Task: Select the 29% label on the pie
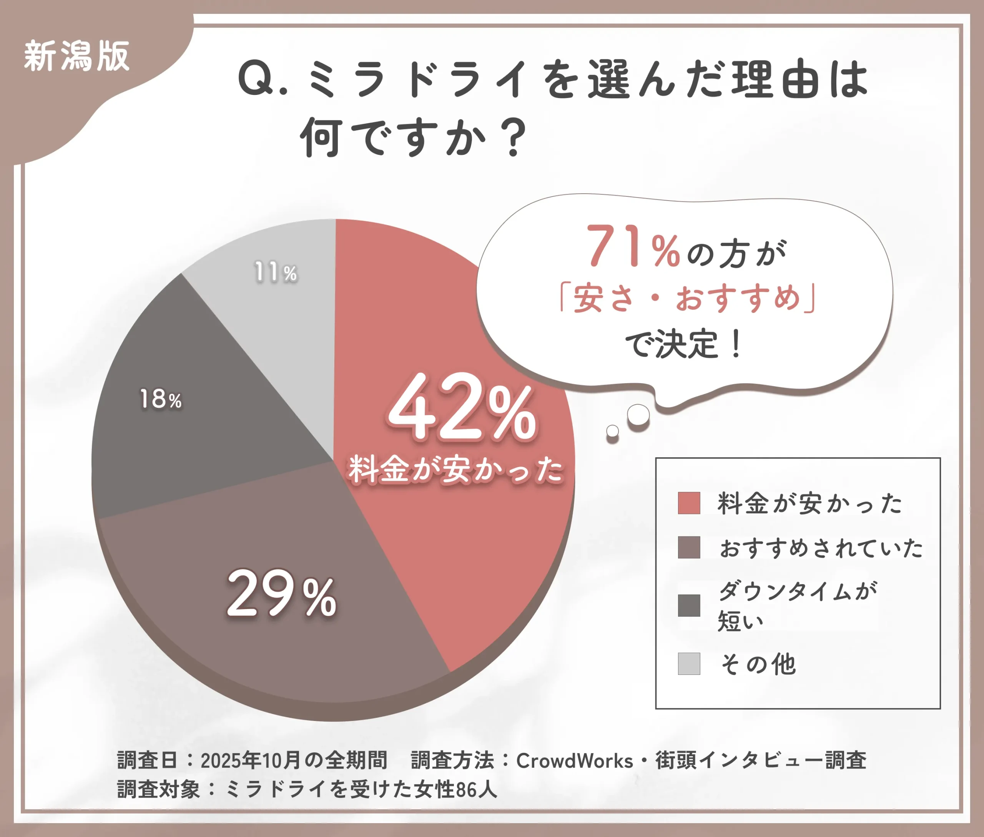tap(281, 595)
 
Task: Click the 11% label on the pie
tap(276, 272)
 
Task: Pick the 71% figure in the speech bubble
tap(634, 246)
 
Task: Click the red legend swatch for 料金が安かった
tap(689, 503)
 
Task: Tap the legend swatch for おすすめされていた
tap(689, 547)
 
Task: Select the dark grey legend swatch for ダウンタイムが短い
tap(689, 605)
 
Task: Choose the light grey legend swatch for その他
tap(689, 663)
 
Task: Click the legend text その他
tap(758, 664)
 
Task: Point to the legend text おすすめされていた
tap(821, 548)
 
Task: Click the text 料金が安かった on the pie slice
tap(456, 470)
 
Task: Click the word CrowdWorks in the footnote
tap(574, 761)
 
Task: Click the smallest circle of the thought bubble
tap(612, 431)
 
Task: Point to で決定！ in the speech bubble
tap(683, 344)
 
